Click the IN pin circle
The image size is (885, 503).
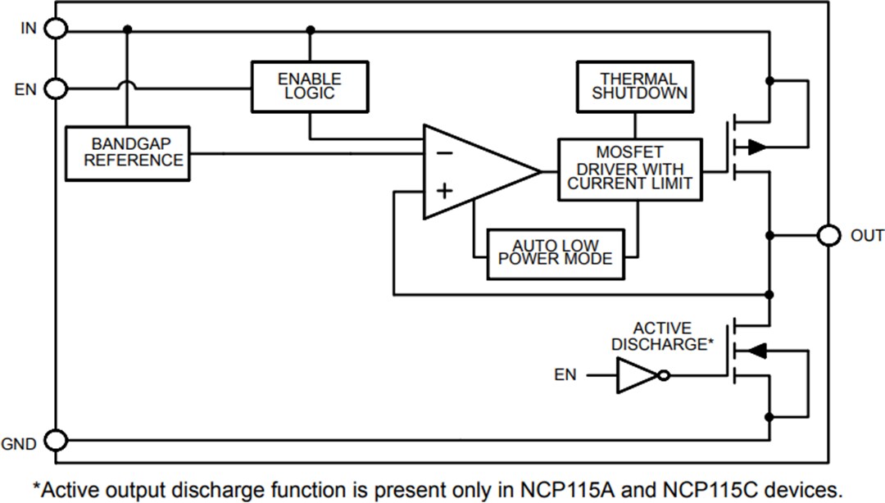click(x=56, y=29)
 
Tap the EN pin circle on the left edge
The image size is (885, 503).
click(x=56, y=88)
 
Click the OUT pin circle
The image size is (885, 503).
click(x=828, y=236)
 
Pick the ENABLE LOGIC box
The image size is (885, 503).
click(x=309, y=86)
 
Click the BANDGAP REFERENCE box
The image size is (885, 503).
click(x=127, y=153)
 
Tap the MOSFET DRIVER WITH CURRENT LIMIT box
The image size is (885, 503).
click(x=630, y=169)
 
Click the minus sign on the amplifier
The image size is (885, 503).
click(x=443, y=152)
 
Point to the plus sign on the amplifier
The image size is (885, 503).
click(x=443, y=192)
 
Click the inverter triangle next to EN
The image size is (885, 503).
click(x=635, y=376)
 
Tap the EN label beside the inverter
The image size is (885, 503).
click(x=565, y=375)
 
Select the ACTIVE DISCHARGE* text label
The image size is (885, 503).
click(x=662, y=337)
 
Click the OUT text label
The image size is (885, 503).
click(x=867, y=236)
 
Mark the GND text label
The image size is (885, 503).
click(x=19, y=445)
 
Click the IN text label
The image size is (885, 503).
click(x=29, y=29)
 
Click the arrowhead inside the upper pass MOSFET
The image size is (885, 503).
click(x=757, y=147)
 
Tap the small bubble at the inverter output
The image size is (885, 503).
click(x=664, y=376)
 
